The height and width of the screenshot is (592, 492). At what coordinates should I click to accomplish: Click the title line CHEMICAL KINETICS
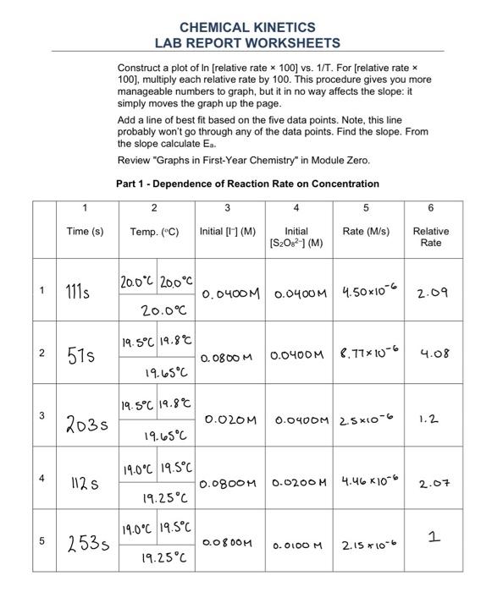click(247, 27)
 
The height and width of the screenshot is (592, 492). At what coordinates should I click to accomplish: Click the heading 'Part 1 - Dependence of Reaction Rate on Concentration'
click(247, 184)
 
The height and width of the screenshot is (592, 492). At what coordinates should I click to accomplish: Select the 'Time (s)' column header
click(86, 231)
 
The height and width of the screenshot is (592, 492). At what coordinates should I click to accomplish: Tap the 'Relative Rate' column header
click(430, 237)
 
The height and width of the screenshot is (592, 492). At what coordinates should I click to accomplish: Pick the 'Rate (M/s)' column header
click(366, 231)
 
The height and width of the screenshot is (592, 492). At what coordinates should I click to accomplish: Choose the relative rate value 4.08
click(432, 356)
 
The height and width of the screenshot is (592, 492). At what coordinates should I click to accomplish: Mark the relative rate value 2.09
click(432, 293)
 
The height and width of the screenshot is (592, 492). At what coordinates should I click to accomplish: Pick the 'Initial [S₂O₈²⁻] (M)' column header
click(296, 237)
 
